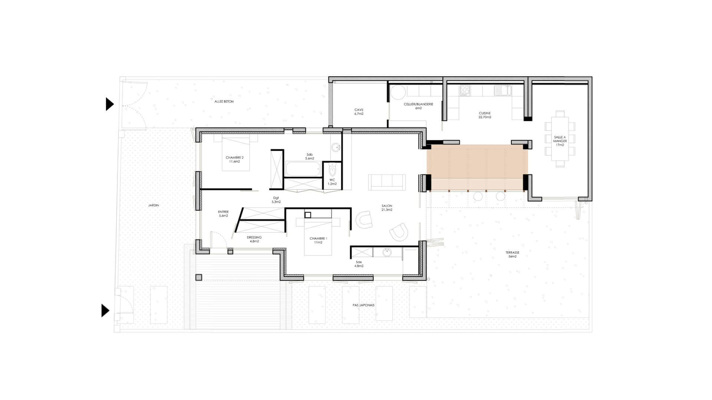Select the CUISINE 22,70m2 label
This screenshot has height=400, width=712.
[485, 115]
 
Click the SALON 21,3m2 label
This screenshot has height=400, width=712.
[387, 208]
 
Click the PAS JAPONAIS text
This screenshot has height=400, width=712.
[363, 305]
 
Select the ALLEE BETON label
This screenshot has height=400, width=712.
[224, 101]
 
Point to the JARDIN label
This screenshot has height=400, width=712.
[154, 205]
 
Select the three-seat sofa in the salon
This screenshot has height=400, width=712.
[387, 182]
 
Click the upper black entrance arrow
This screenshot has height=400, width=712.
[110, 104]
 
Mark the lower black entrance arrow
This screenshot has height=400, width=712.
[106, 310]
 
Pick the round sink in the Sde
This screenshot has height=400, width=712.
[387, 253]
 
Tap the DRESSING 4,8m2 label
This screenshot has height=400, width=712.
[254, 239]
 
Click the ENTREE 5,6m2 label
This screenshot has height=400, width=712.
[223, 214]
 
